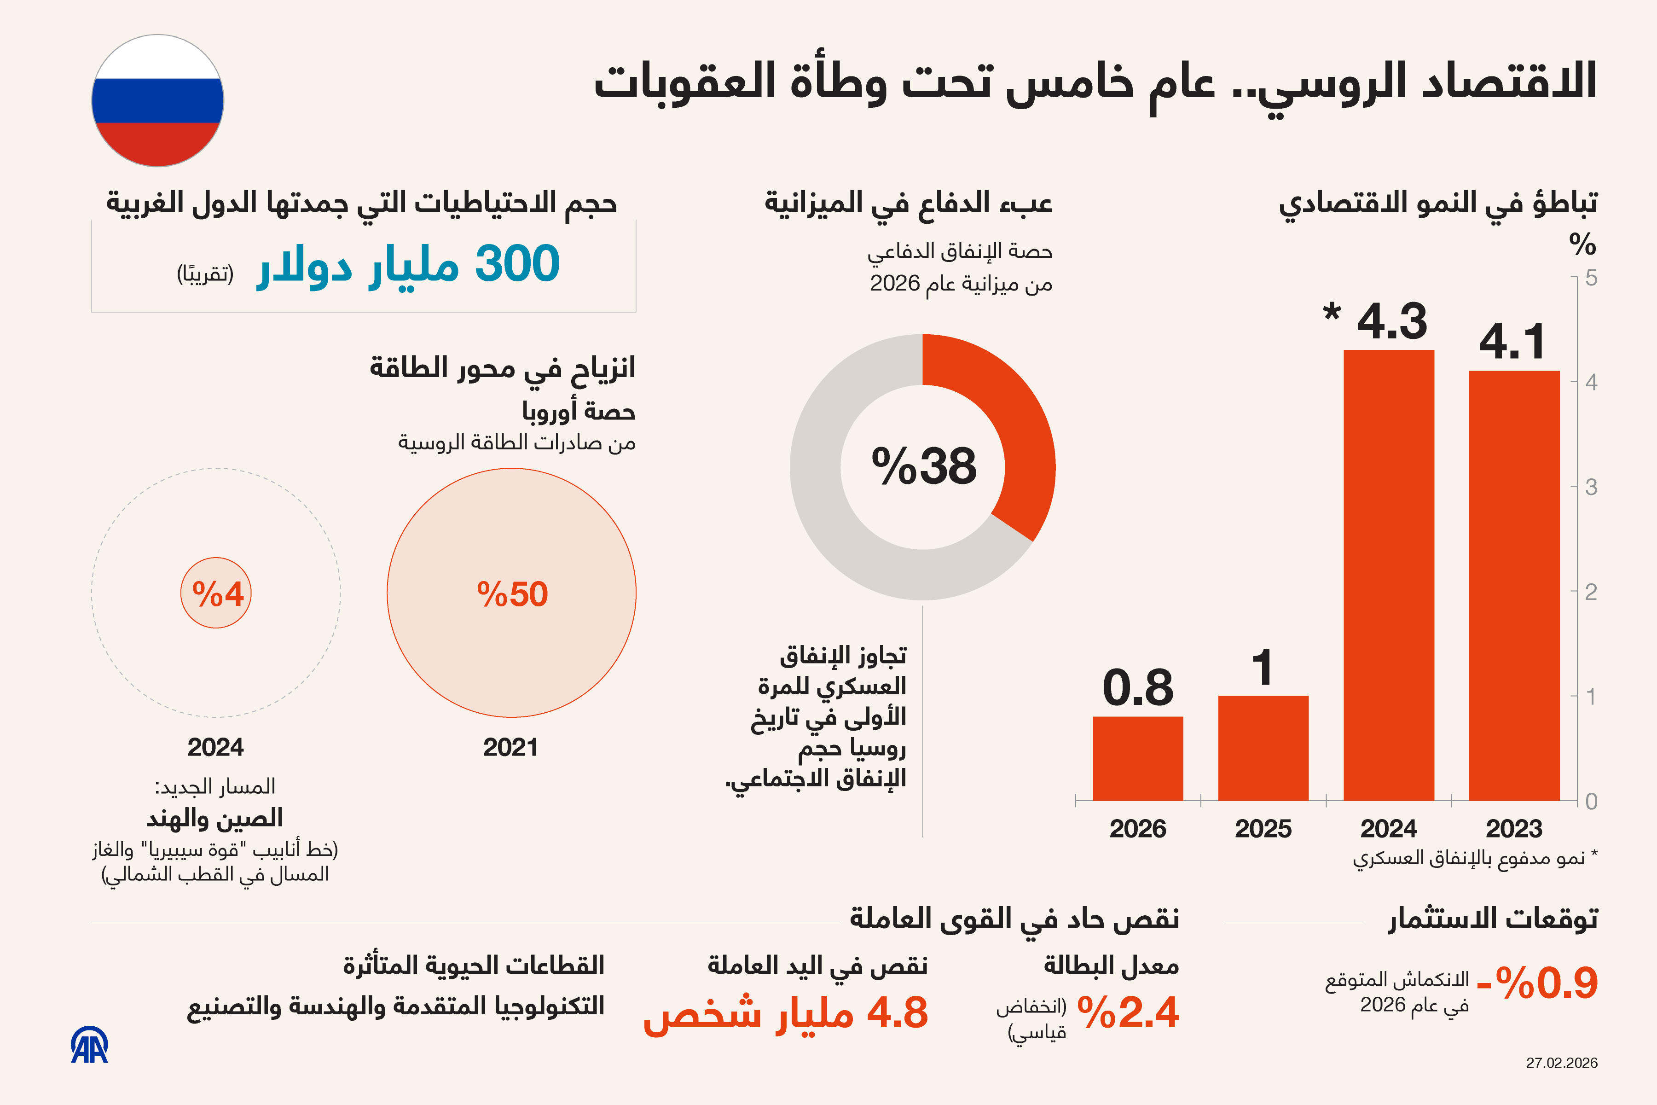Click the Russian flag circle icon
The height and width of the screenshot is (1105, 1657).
[158, 101]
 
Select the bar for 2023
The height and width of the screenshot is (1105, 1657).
[1514, 585]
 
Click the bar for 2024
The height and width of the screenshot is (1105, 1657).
[1389, 574]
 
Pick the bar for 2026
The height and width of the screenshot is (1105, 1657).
[1138, 758]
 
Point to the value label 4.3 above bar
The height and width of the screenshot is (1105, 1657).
[1391, 321]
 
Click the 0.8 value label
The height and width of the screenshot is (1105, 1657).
[1138, 688]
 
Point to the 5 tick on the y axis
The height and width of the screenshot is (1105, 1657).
[1591, 279]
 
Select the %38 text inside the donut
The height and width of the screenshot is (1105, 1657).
[924, 466]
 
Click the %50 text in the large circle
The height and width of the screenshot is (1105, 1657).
[512, 594]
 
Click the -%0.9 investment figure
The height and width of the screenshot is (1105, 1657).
[1536, 983]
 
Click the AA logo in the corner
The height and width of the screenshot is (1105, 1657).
[89, 1045]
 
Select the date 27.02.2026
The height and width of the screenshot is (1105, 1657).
[1561, 1063]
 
